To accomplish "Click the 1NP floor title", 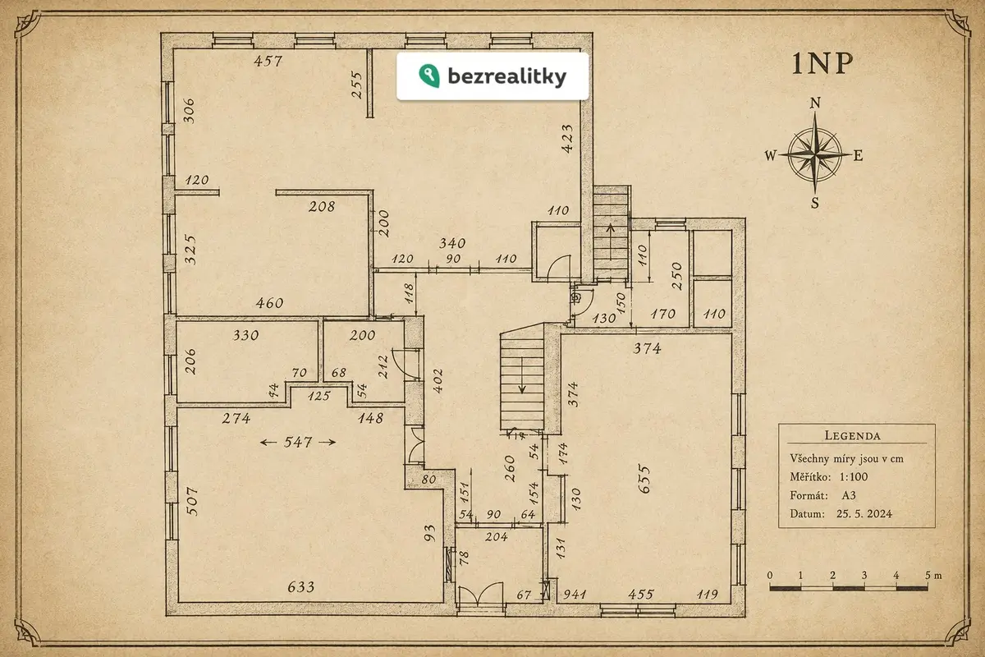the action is pyautogui.click(x=822, y=64).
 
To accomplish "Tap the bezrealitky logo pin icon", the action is pyautogui.click(x=429, y=76).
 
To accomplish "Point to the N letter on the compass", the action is pyautogui.click(x=815, y=103).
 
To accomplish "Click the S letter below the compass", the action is pyautogui.click(x=815, y=203).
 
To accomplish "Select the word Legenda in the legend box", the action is pyautogui.click(x=852, y=435).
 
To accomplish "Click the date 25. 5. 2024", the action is pyautogui.click(x=864, y=513).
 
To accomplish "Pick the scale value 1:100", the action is pyautogui.click(x=854, y=476).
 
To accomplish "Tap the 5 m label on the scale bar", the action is pyautogui.click(x=933, y=575).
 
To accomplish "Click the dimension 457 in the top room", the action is pyautogui.click(x=268, y=61).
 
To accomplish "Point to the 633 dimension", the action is pyautogui.click(x=301, y=586).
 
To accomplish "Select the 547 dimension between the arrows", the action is pyautogui.click(x=298, y=442).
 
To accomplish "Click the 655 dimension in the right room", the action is pyautogui.click(x=644, y=480).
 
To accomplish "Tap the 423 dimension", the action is pyautogui.click(x=567, y=139).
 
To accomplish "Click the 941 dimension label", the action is pyautogui.click(x=575, y=595).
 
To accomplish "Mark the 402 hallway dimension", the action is pyautogui.click(x=438, y=380).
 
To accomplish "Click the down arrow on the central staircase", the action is pyautogui.click(x=522, y=375).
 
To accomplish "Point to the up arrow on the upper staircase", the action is pyautogui.click(x=611, y=242).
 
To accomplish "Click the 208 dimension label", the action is pyautogui.click(x=322, y=206).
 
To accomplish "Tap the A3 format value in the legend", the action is pyautogui.click(x=849, y=495).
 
